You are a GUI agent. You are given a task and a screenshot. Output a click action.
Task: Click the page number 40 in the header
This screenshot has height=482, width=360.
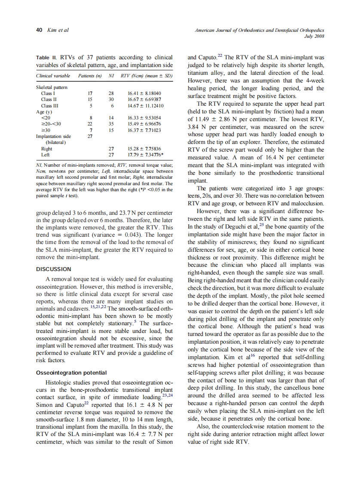[x=39, y=30]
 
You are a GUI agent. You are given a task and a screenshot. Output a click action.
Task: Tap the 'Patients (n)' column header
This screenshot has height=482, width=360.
[x=89, y=76]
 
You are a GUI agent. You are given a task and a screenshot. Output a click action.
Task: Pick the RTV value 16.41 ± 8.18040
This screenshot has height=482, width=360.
[x=144, y=93]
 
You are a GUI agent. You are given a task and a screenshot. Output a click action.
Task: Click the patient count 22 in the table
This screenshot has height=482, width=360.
[x=90, y=124]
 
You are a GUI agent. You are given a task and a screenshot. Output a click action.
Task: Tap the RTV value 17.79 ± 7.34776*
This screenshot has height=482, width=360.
[x=145, y=155]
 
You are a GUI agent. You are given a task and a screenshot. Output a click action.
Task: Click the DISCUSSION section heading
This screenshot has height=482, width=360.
[x=54, y=269]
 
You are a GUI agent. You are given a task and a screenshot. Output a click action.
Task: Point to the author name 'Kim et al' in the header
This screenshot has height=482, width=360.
[x=58, y=30]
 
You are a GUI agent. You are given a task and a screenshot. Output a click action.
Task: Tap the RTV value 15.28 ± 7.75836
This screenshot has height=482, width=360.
[x=144, y=149]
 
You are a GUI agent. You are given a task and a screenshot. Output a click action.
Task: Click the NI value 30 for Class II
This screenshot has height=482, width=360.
[x=111, y=99]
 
